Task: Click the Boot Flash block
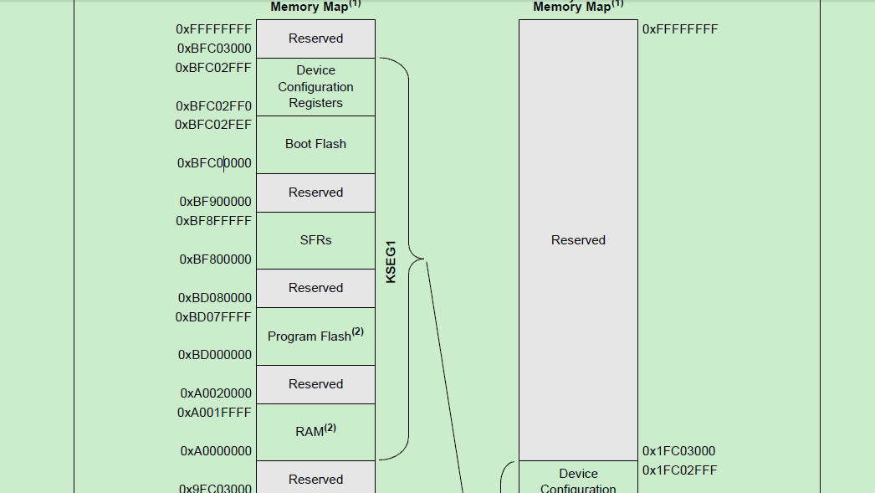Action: pyautogui.click(x=315, y=144)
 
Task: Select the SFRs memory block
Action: pyautogui.click(x=315, y=240)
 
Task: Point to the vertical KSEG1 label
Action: pyautogui.click(x=391, y=262)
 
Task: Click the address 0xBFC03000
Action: pyautogui.click(x=213, y=49)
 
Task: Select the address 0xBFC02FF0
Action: pyautogui.click(x=213, y=106)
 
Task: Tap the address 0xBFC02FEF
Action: pyautogui.click(x=213, y=125)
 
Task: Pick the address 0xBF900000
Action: pyautogui.click(x=215, y=202)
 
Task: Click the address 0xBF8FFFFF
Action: pyautogui.click(x=213, y=221)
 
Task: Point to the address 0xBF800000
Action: pyautogui.click(x=215, y=259)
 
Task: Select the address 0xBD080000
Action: pyautogui.click(x=215, y=298)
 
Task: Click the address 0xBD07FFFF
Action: pyautogui.click(x=213, y=317)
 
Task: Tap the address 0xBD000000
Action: pyautogui.click(x=215, y=355)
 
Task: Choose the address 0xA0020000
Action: pyautogui.click(x=216, y=393)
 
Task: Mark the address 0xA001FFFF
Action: pyautogui.click(x=214, y=413)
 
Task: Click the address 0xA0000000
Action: pyautogui.click(x=216, y=451)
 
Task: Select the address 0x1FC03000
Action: pyautogui.click(x=678, y=451)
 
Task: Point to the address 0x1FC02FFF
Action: pyautogui.click(x=679, y=470)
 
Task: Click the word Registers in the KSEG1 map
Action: pyautogui.click(x=315, y=103)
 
